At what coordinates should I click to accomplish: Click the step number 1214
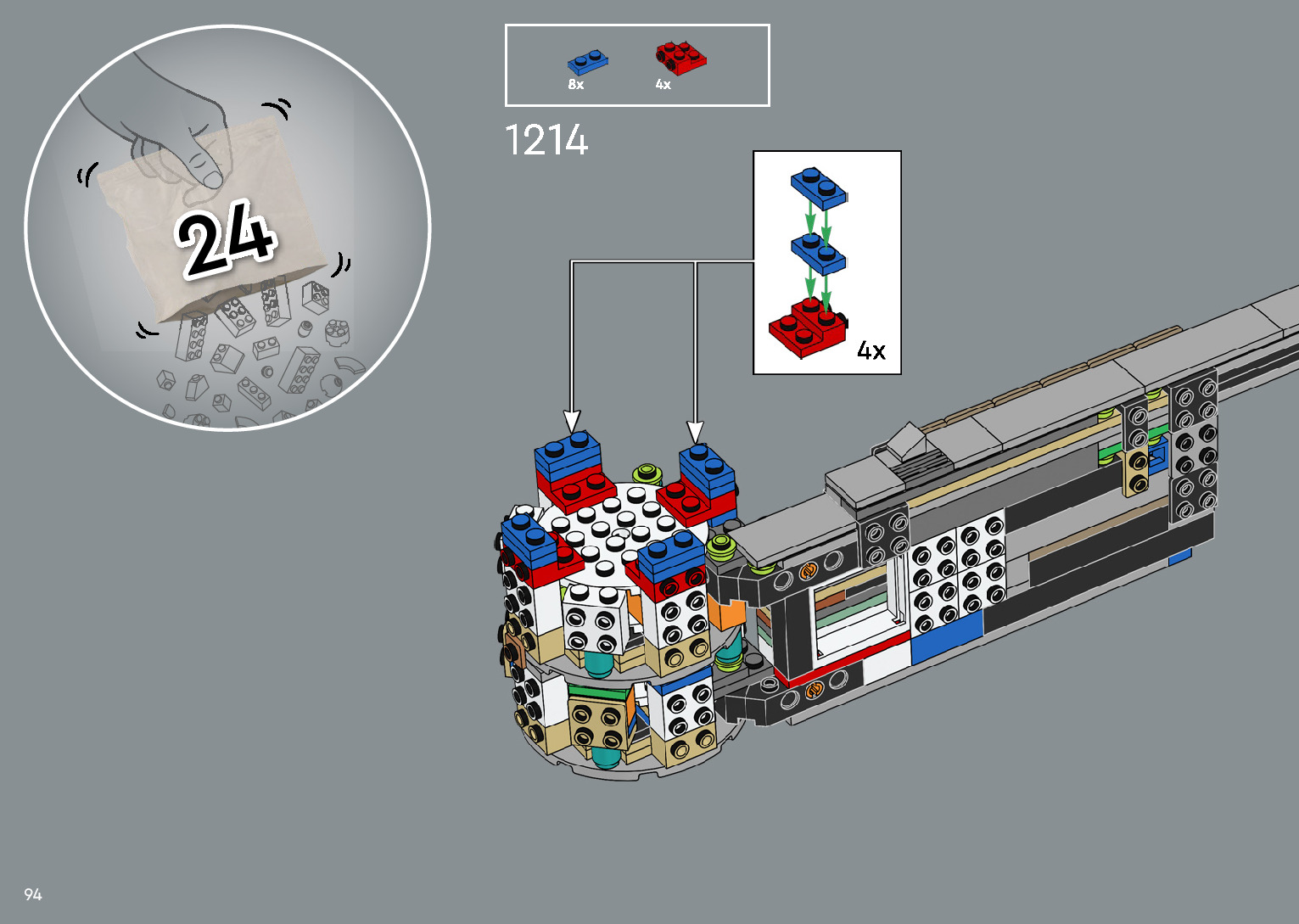coord(546,140)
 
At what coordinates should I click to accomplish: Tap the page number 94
coord(33,894)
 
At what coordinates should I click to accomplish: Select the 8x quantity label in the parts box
coord(576,85)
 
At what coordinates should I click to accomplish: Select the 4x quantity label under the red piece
coord(663,85)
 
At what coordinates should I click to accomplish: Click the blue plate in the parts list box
coord(587,62)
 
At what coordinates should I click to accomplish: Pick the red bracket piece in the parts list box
coord(681,59)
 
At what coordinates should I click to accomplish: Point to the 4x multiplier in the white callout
coord(871,350)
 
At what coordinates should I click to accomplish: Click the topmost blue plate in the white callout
coord(819,188)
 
